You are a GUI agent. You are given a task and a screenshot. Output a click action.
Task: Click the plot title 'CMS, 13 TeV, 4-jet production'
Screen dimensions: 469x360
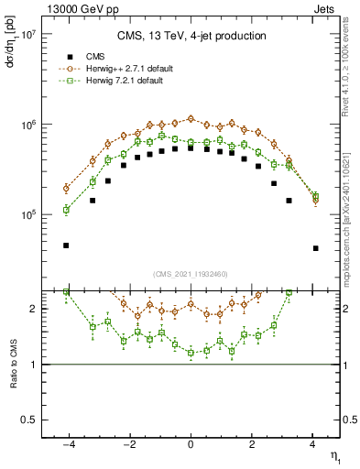pos(191,36)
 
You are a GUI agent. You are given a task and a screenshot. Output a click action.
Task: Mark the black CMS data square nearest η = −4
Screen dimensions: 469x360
pos(66,245)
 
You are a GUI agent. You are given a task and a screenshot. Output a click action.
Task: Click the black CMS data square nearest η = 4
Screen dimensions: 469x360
pos(315,248)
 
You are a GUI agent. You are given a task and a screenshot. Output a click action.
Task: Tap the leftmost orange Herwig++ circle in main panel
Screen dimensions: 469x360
pos(66,189)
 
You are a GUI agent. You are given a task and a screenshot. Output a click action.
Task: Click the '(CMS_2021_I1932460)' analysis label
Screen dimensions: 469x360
pos(191,274)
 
